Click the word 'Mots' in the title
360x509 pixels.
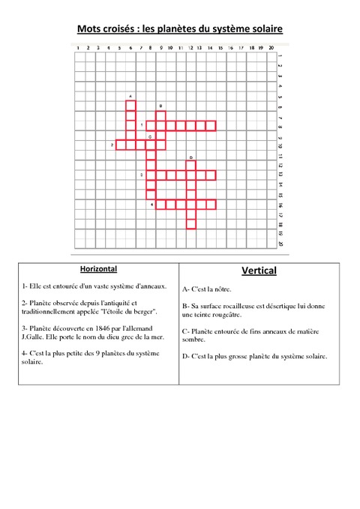(x=90, y=29)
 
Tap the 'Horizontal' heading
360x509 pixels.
(x=98, y=268)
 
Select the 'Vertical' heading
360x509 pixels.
(x=259, y=270)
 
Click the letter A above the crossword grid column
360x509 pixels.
(x=130, y=97)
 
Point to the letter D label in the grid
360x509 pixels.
(x=191, y=157)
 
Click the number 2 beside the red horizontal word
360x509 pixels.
(x=112, y=145)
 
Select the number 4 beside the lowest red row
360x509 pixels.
(x=151, y=204)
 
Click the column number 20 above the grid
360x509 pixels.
(x=270, y=48)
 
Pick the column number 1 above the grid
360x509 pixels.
(x=78, y=48)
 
